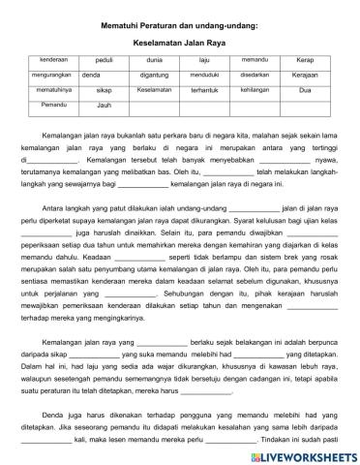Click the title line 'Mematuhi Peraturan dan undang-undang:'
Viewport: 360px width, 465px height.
pos(180,23)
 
